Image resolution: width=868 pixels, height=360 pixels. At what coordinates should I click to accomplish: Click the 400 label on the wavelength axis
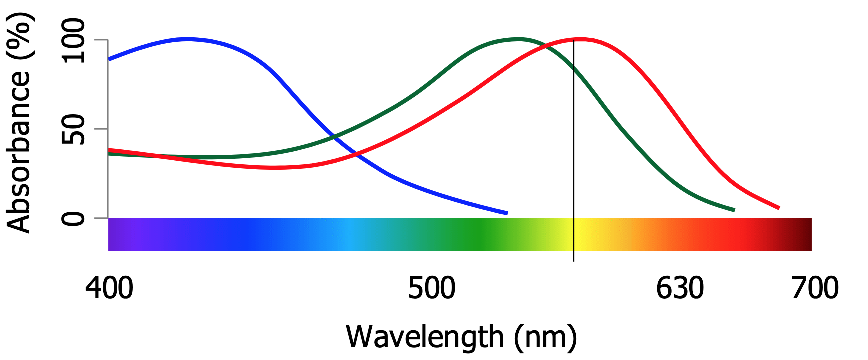pyautogui.click(x=109, y=288)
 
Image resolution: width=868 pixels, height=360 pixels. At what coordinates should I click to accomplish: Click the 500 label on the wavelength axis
pyautogui.click(x=432, y=288)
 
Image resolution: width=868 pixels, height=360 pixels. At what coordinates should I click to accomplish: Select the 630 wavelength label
pyautogui.click(x=680, y=288)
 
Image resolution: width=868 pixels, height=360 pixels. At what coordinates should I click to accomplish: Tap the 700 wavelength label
pyautogui.click(x=815, y=288)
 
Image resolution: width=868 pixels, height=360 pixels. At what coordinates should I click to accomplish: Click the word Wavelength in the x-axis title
pyautogui.click(x=425, y=337)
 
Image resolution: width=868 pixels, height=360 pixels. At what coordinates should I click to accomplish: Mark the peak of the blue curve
pyautogui.click(x=187, y=39)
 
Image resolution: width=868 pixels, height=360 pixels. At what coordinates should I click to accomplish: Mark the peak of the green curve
pyautogui.click(x=518, y=39)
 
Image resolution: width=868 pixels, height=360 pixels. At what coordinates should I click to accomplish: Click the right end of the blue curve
pyautogui.click(x=507, y=213)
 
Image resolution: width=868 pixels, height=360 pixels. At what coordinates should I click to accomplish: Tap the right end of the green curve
pyautogui.click(x=734, y=210)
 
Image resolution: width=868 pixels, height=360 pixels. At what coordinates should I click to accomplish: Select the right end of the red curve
pyautogui.click(x=779, y=208)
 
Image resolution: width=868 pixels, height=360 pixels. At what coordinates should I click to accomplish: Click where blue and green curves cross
pyautogui.click(x=333, y=136)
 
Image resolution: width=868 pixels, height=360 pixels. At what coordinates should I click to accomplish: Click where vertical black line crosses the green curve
pyautogui.click(x=574, y=68)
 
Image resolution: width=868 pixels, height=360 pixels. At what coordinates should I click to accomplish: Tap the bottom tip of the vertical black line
pyautogui.click(x=574, y=260)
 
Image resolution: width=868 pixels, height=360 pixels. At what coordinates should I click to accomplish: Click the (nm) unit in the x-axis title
pyautogui.click(x=546, y=337)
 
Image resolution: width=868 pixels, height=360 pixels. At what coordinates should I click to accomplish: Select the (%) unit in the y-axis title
pyautogui.click(x=19, y=36)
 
